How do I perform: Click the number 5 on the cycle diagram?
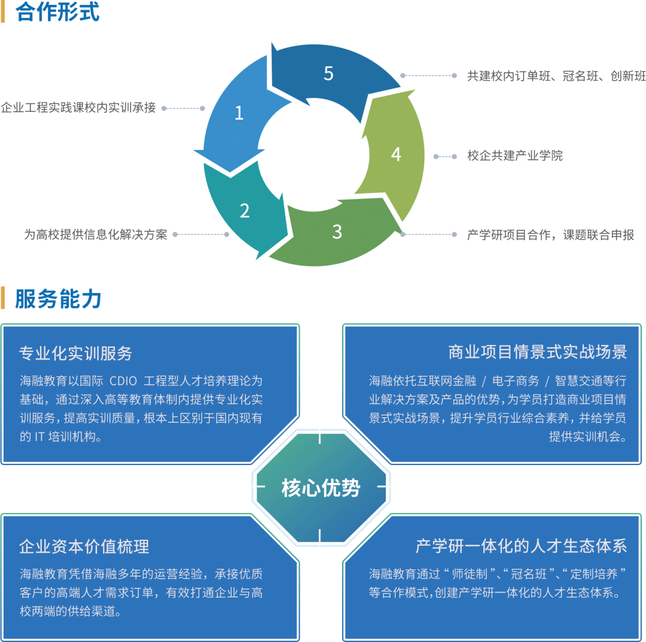[x=328, y=74]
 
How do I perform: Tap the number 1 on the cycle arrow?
[x=239, y=113]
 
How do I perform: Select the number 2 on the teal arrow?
[x=245, y=210]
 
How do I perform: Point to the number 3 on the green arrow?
[x=337, y=232]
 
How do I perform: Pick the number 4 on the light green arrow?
[x=396, y=154]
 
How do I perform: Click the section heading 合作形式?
[x=58, y=13]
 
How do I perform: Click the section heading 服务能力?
[x=58, y=298]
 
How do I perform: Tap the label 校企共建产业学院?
[x=515, y=156]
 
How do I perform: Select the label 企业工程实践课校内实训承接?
[x=78, y=108]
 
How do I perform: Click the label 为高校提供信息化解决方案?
[x=96, y=234]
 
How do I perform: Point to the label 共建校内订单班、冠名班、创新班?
[x=556, y=76]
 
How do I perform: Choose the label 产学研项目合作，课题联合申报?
[x=550, y=234]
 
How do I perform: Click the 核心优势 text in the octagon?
[x=321, y=488]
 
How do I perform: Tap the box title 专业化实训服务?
[x=76, y=353]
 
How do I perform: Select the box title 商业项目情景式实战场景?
[x=537, y=351]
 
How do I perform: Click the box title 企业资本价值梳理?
[x=84, y=546]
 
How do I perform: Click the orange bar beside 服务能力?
[x=3, y=298]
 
